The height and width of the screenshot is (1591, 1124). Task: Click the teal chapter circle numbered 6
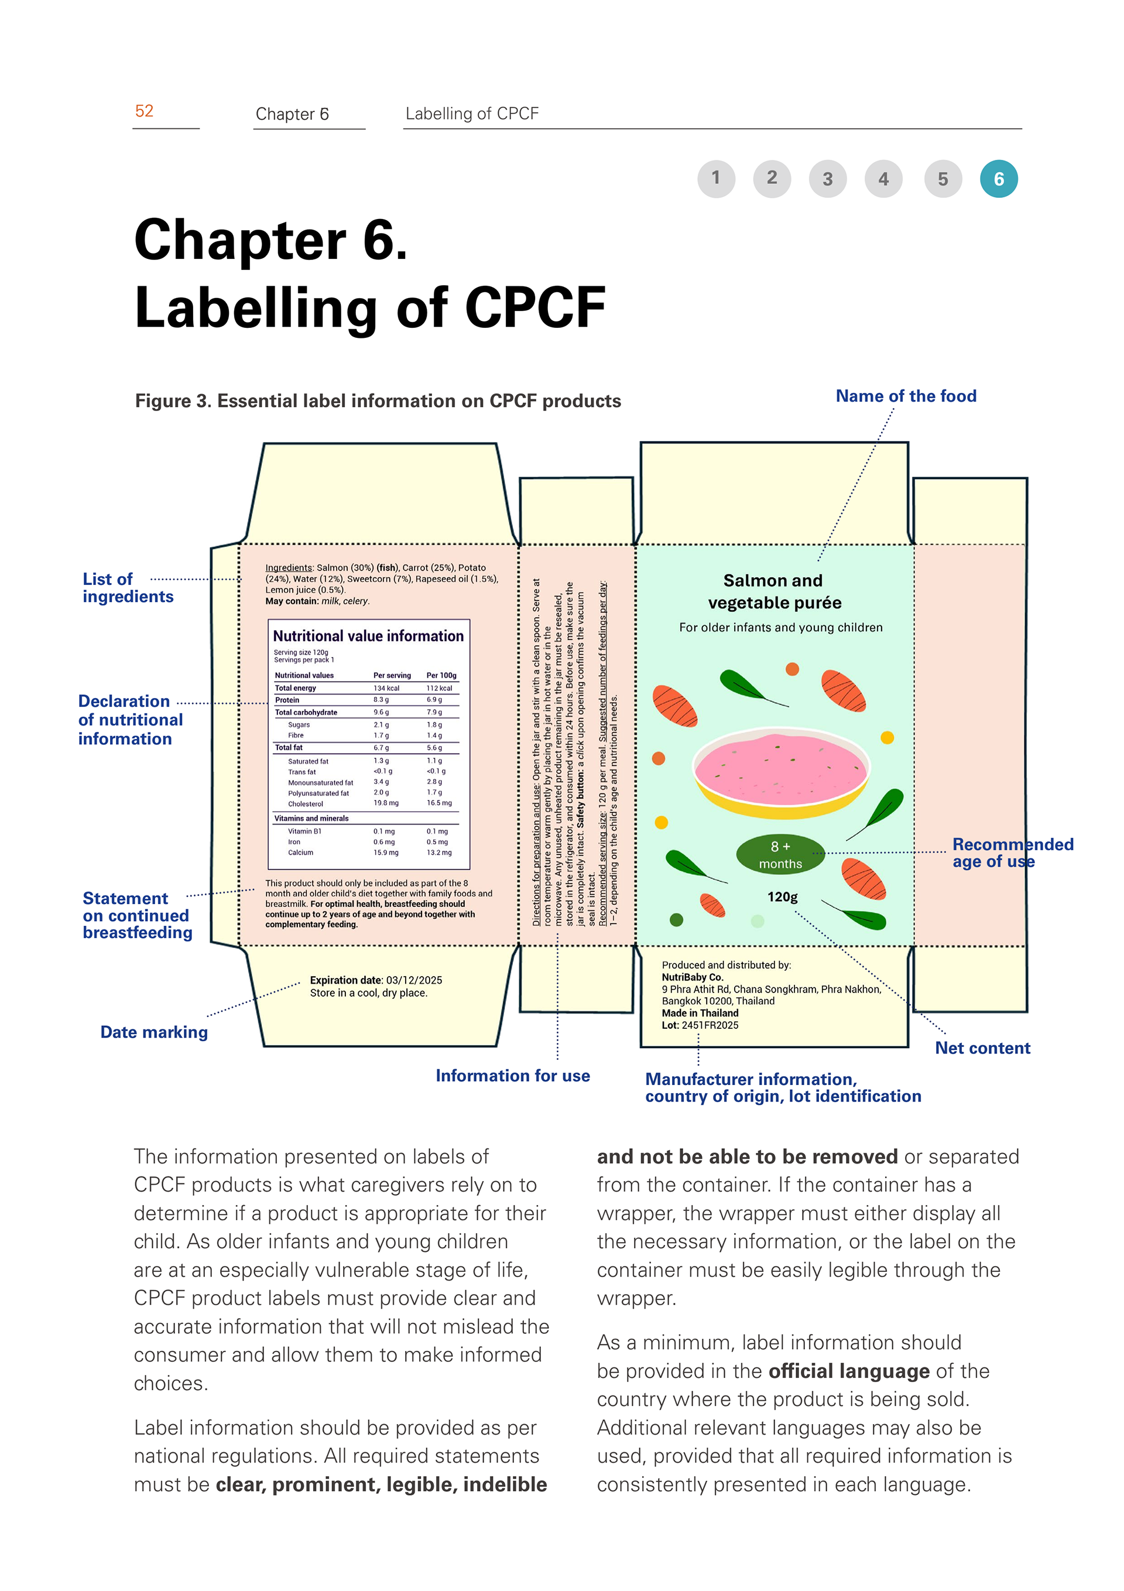tap(998, 179)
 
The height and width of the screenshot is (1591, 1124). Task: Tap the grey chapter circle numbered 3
tap(827, 179)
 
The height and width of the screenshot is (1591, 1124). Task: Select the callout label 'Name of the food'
tap(905, 396)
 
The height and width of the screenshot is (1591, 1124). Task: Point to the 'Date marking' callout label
tap(154, 1032)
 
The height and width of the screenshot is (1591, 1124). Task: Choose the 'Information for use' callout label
tap(512, 1076)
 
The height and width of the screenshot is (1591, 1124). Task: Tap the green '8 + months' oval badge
tap(780, 854)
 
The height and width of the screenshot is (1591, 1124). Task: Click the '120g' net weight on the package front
tap(782, 897)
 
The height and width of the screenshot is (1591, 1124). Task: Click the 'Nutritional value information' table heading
tap(368, 635)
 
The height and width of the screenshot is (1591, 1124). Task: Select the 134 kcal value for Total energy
tap(386, 688)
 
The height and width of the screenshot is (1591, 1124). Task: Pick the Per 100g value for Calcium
tap(438, 853)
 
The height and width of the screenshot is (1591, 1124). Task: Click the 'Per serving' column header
tap(392, 675)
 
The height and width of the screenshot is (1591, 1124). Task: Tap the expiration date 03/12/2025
tap(414, 980)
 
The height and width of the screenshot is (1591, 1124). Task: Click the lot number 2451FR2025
tap(710, 1025)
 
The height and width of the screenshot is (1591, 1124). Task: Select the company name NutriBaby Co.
tap(691, 977)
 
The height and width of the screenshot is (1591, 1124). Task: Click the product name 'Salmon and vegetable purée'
tap(774, 591)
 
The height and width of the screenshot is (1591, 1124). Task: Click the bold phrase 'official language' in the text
tap(849, 1371)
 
